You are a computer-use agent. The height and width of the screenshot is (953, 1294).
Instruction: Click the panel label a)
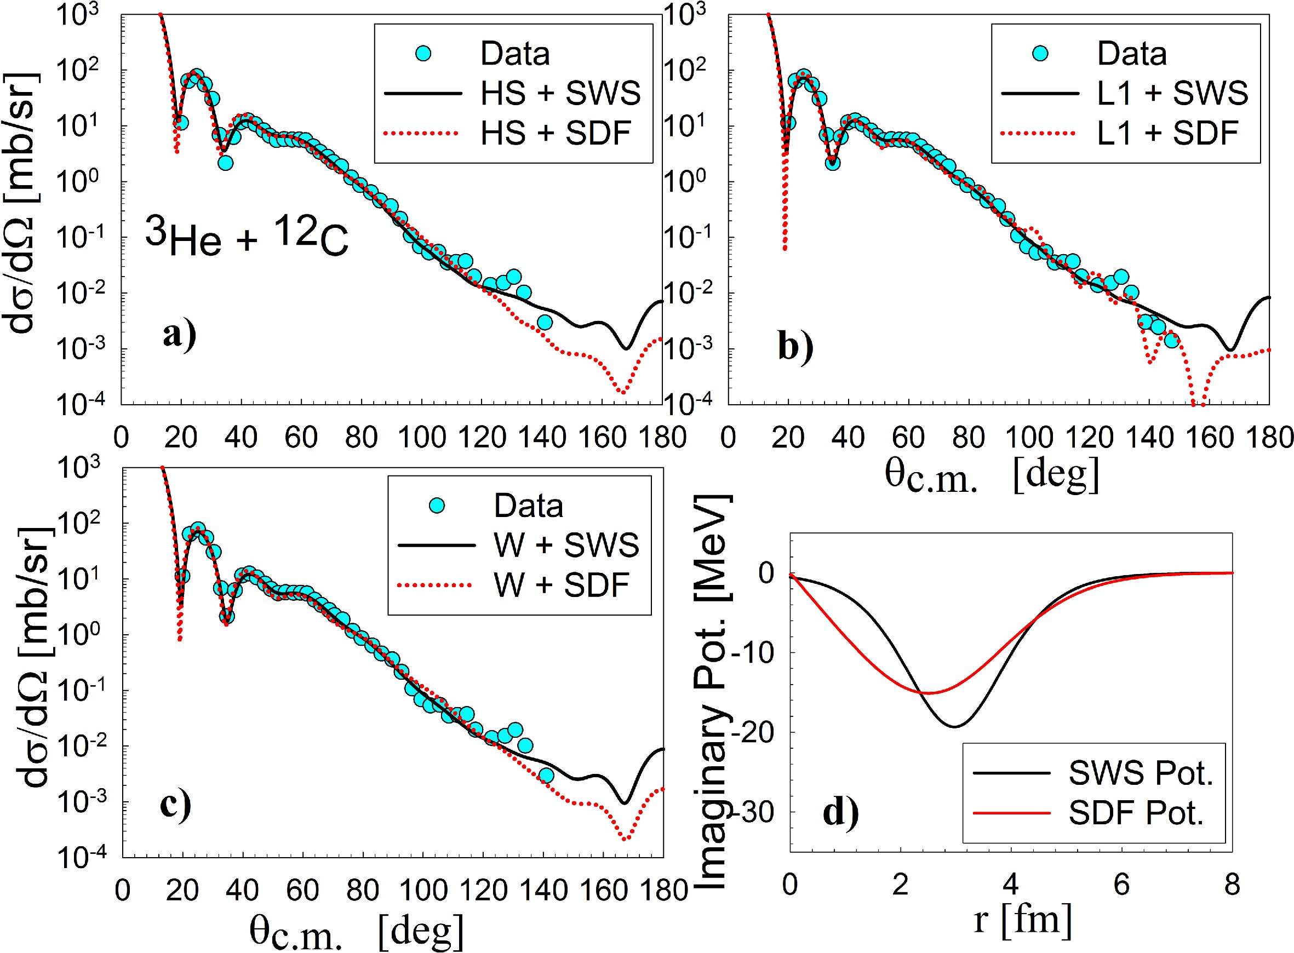pos(179,334)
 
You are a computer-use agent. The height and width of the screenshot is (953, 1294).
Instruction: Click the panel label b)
pos(795,347)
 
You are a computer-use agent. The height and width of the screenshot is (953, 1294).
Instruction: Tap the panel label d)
pos(840,812)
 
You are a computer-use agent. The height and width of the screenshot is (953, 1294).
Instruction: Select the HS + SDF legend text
pos(556,133)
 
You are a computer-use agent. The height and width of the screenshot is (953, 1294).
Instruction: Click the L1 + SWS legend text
pos(1172,93)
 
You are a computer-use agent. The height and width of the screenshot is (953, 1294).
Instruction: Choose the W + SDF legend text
pos(562,585)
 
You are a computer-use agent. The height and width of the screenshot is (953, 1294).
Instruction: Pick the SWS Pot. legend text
pos(1141,772)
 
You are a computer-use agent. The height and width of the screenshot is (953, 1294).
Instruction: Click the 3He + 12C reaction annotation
pos(247,236)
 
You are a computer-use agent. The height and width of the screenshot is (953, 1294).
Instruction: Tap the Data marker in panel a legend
pos(423,54)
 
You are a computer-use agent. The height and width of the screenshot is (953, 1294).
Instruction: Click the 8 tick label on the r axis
pos(1232,885)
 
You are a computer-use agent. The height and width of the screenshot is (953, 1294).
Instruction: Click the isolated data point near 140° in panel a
pos(544,323)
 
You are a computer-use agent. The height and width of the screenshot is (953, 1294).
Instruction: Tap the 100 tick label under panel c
pos(423,890)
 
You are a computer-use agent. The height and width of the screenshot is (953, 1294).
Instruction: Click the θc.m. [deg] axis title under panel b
pos(992,476)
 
